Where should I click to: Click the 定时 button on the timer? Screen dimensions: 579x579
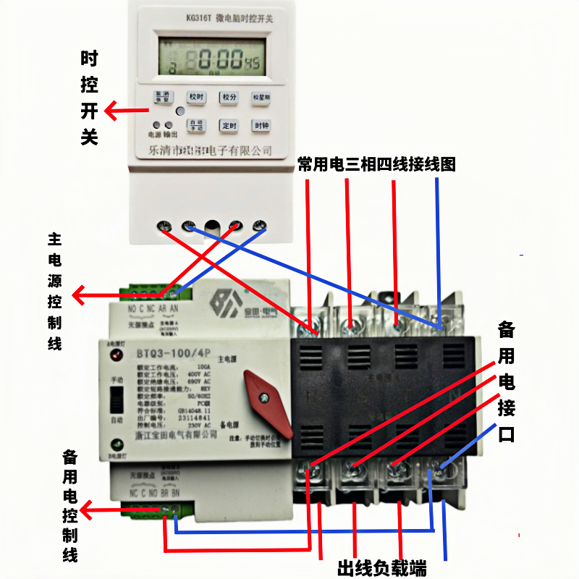click(x=229, y=125)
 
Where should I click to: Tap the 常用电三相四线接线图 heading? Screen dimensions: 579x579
click(x=376, y=164)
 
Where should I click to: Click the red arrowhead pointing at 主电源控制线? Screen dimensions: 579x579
click(x=79, y=295)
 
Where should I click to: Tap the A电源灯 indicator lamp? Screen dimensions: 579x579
click(x=114, y=355)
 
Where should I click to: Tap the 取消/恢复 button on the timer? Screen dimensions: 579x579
click(x=161, y=97)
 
